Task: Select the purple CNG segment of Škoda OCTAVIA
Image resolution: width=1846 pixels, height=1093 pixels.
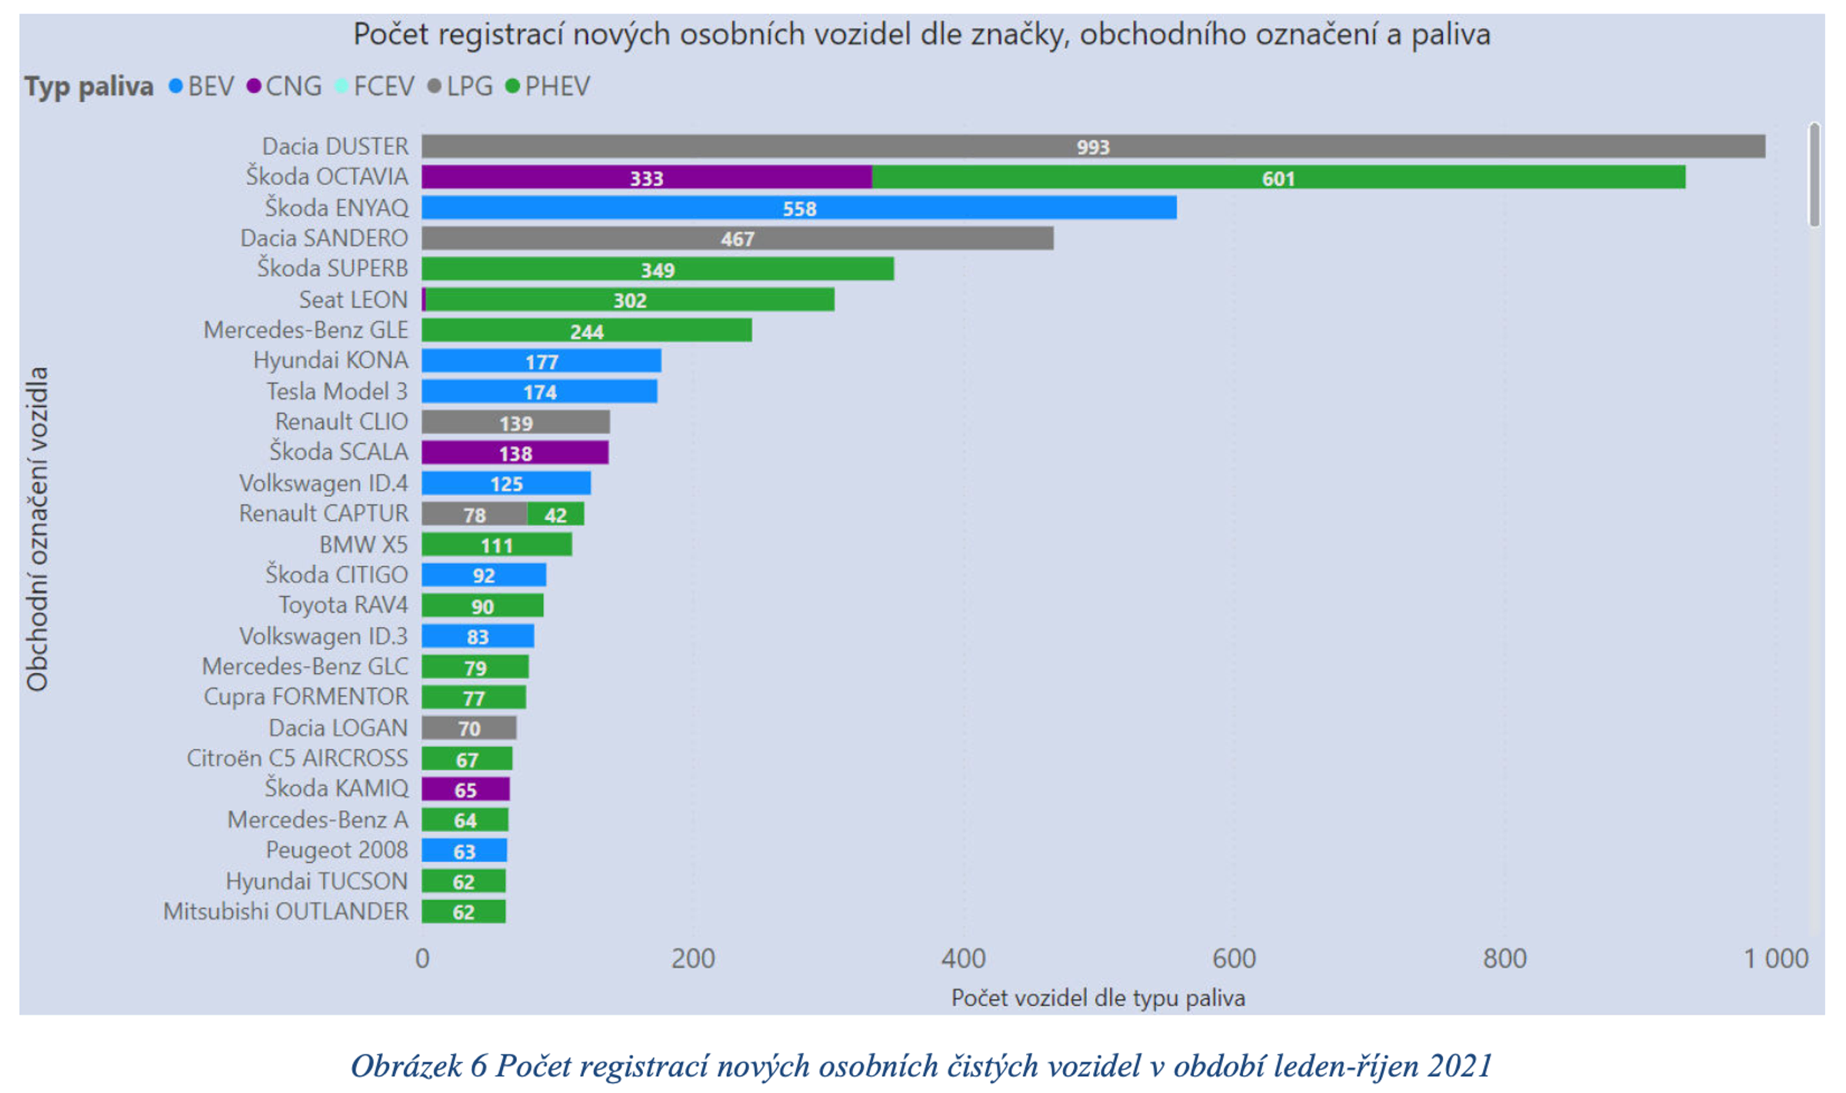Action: pyautogui.click(x=646, y=177)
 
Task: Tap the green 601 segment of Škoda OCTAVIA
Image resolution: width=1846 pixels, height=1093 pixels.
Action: pyautogui.click(x=1278, y=177)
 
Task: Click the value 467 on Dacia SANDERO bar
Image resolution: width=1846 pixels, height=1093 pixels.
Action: pyautogui.click(x=737, y=238)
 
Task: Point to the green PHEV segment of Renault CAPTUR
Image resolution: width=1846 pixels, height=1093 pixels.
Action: pyautogui.click(x=555, y=514)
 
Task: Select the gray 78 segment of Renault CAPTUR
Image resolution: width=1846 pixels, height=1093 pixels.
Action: pyautogui.click(x=474, y=514)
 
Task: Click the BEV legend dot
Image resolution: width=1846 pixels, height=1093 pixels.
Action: pyautogui.click(x=175, y=86)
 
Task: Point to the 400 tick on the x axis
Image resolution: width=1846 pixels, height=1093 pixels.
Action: pyautogui.click(x=963, y=958)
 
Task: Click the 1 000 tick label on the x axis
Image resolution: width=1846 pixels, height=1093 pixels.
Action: pyautogui.click(x=1775, y=958)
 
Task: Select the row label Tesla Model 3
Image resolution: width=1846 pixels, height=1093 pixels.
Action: pyautogui.click(x=337, y=392)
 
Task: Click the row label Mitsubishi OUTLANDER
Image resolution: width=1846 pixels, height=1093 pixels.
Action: pyautogui.click(x=285, y=911)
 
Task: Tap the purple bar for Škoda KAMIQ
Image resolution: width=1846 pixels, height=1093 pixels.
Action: pyautogui.click(x=465, y=789)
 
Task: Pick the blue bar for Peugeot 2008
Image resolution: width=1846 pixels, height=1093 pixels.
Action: pyautogui.click(x=464, y=851)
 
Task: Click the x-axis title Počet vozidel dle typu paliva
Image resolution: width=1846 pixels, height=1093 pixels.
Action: pyautogui.click(x=1098, y=998)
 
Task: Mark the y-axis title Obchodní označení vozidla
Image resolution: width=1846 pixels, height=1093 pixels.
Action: pyautogui.click(x=37, y=529)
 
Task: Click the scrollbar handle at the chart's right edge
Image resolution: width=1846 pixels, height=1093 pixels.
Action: pyautogui.click(x=1814, y=175)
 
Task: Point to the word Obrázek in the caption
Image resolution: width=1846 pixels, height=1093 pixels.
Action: pyautogui.click(x=406, y=1066)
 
